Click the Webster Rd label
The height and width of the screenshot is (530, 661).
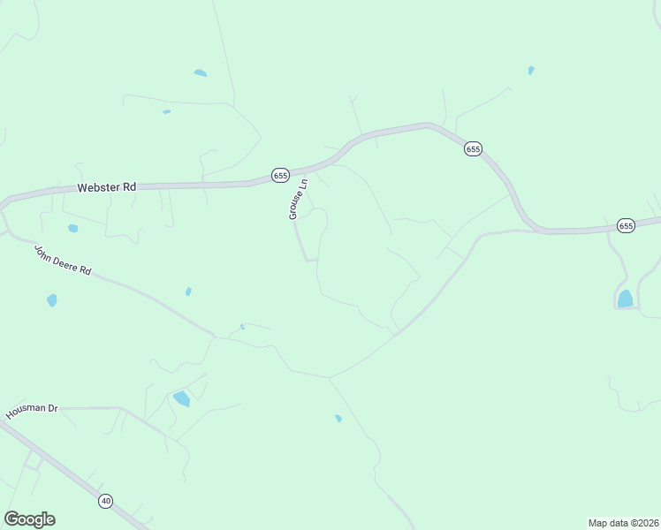coord(107,187)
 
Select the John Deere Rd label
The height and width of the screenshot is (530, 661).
coord(63,260)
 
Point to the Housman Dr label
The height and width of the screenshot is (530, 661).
coord(31,412)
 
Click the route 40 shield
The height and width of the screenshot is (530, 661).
coord(106,501)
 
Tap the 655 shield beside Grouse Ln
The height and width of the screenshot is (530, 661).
coord(280,175)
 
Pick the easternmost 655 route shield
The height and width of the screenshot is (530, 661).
coord(626,226)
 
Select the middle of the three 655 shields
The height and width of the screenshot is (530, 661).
coord(473,149)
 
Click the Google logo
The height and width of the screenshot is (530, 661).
coord(29,519)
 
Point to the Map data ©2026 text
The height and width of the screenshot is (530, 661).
coord(623,523)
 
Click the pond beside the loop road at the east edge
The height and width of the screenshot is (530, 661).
coord(626,299)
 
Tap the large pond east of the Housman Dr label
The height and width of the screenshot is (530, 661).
coord(181,398)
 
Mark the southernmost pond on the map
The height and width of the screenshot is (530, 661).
coord(338,419)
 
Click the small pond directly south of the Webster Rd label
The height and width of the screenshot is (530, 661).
coord(72,228)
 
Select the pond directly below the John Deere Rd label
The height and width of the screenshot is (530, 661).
coord(51,300)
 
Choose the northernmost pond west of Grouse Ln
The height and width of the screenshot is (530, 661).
coord(201,72)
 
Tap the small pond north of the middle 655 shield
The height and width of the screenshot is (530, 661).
coord(530,71)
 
